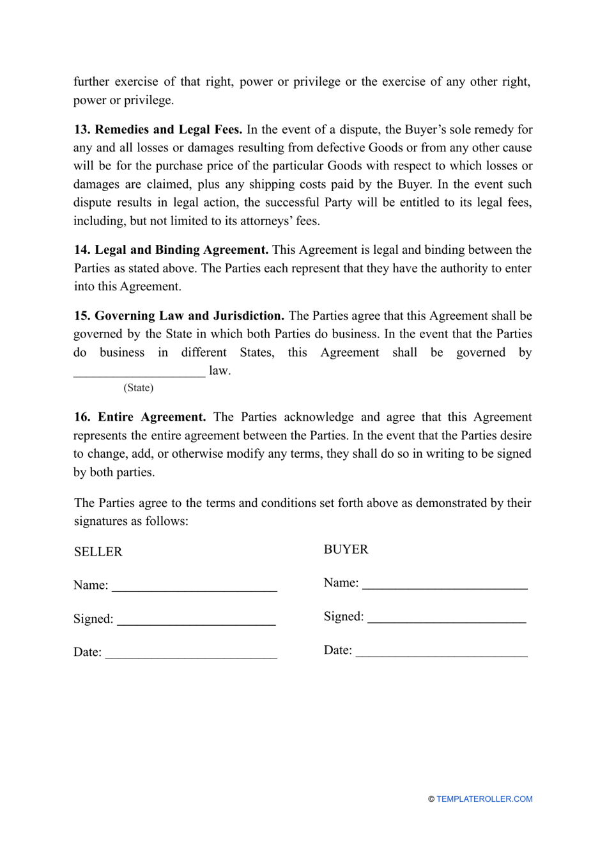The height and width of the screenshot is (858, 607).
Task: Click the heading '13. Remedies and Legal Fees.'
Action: click(x=158, y=130)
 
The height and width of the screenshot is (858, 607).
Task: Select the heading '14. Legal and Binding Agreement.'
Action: click(x=171, y=250)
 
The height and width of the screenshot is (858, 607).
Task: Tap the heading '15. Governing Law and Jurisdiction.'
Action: click(x=179, y=316)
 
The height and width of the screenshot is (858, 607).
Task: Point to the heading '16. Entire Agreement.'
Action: click(x=140, y=417)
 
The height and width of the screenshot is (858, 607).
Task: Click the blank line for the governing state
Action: click(x=139, y=372)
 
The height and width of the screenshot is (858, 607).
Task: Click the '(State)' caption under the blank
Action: click(x=139, y=388)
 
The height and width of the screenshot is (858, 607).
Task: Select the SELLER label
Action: click(x=98, y=552)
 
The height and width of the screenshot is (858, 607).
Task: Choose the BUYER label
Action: click(x=346, y=550)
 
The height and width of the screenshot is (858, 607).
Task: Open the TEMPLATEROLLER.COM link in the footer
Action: click(x=484, y=799)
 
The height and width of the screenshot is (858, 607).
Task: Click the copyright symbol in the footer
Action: click(x=431, y=799)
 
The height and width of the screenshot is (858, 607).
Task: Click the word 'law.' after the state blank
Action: click(x=220, y=371)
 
